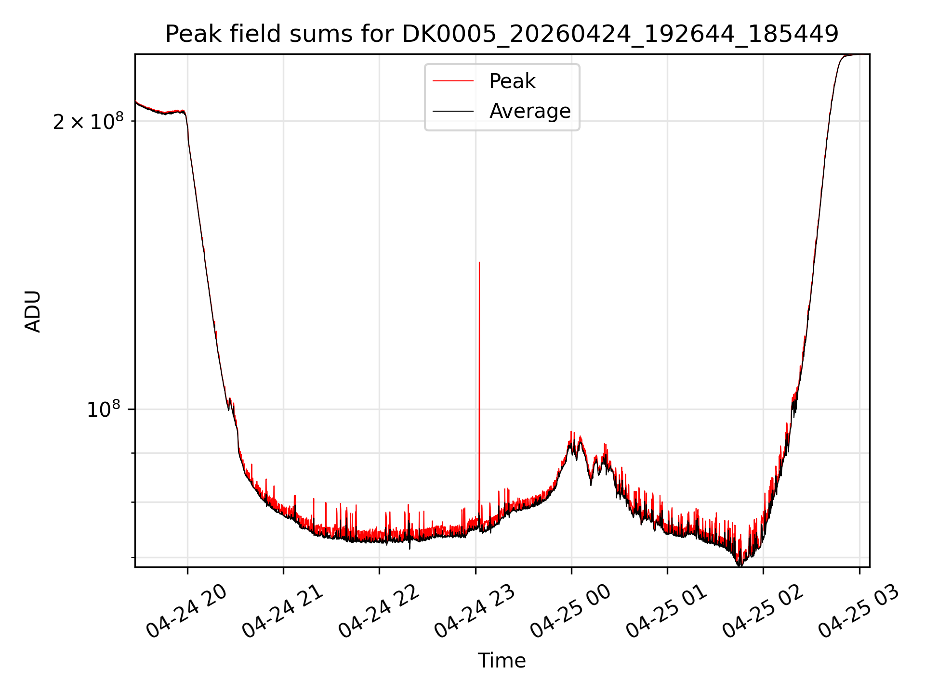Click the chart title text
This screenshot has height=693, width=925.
[502, 34]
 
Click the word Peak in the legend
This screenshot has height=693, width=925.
[512, 81]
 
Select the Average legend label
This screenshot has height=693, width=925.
[530, 111]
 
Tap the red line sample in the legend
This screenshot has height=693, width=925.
[453, 81]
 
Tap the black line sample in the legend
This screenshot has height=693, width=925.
[453, 111]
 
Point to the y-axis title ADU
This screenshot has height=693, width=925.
[33, 311]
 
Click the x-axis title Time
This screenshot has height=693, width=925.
[502, 661]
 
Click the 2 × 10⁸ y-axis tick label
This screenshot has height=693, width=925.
[88, 121]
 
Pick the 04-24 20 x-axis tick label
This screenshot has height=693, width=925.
[186, 610]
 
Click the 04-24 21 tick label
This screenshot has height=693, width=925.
[282, 610]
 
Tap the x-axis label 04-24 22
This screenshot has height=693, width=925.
[379, 610]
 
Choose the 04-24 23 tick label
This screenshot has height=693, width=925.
[475, 610]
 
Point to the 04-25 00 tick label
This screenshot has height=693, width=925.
[570, 610]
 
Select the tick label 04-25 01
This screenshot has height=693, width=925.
[666, 610]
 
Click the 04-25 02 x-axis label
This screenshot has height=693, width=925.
[763, 610]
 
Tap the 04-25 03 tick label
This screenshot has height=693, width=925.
[859, 610]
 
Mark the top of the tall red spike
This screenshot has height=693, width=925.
[479, 262]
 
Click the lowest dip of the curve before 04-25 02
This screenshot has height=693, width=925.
[740, 565]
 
